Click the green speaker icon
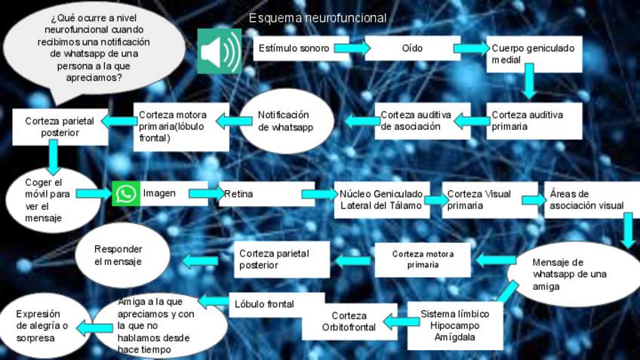point(219,51)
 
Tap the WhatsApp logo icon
point(126,194)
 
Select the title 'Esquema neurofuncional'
point(318,17)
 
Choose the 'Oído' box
point(412,48)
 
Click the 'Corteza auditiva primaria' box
point(534,121)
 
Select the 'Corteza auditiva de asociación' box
point(414,121)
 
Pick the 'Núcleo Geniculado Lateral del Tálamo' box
point(382,199)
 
